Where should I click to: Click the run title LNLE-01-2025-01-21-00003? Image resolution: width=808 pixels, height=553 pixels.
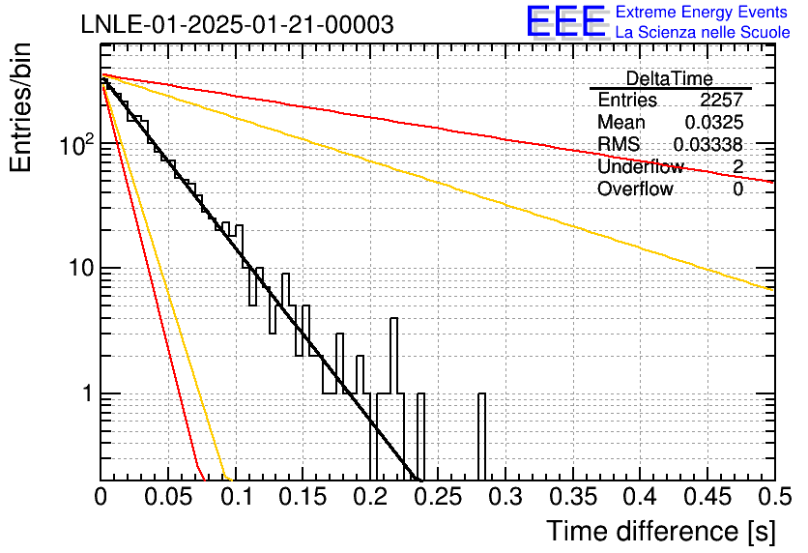pyautogui.click(x=237, y=25)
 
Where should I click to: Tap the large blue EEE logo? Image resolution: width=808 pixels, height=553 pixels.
pyautogui.click(x=565, y=22)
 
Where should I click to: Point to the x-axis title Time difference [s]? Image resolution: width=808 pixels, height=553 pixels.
pyautogui.click(x=661, y=531)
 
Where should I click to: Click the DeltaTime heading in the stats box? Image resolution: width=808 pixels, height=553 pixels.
pyautogui.click(x=669, y=78)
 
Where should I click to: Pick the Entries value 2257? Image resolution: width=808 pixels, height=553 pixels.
pyautogui.click(x=721, y=101)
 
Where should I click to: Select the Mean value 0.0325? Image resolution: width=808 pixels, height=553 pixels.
pyautogui.click(x=713, y=123)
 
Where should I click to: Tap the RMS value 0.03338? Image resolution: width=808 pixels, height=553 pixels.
pyautogui.click(x=707, y=145)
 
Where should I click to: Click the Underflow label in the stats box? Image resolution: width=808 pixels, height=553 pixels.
pyautogui.click(x=640, y=167)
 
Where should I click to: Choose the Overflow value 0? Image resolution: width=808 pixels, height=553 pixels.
pyautogui.click(x=737, y=189)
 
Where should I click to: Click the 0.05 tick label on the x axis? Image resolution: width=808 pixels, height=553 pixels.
pyautogui.click(x=168, y=499)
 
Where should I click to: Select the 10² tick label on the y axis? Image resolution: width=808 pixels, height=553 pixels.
pyautogui.click(x=75, y=146)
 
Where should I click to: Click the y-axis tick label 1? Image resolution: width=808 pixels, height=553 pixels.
pyautogui.click(x=86, y=394)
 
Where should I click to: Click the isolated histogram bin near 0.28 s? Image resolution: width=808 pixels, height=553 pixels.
pyautogui.click(x=481, y=435)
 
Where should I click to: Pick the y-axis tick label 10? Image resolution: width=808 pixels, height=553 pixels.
pyautogui.click(x=79, y=269)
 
